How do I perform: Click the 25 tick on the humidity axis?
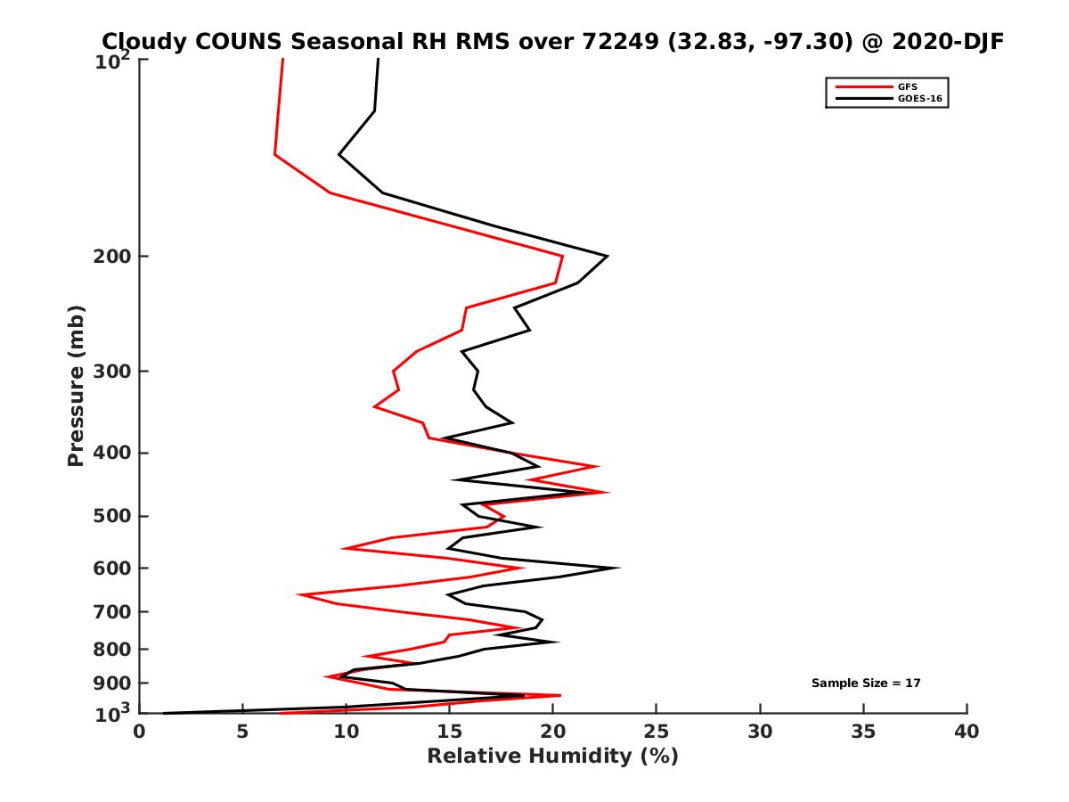[657, 732]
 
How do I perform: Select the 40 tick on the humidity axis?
[967, 732]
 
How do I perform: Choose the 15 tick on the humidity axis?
[449, 732]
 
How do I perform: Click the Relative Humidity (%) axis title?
[552, 757]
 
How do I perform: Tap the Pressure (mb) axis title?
[76, 385]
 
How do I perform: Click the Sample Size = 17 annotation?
[865, 683]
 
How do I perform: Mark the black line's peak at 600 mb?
[618, 567]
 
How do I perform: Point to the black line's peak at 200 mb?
[607, 257]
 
